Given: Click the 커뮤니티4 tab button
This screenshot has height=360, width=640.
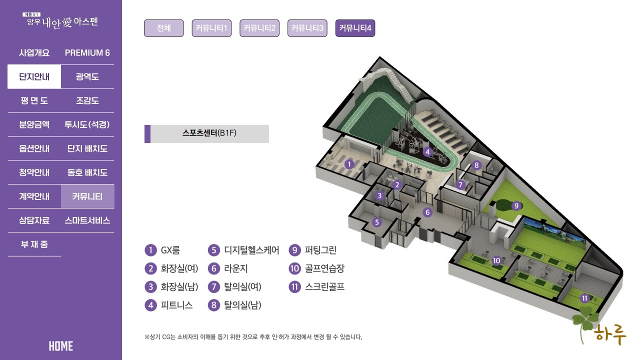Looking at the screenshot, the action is point(355,28).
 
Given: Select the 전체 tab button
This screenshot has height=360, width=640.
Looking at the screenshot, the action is point(163,28).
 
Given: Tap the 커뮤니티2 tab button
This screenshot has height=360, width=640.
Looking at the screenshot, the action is point(259,28).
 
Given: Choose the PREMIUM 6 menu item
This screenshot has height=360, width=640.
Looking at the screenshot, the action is point(87,52).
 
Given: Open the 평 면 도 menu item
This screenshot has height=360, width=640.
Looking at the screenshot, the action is point(34,100).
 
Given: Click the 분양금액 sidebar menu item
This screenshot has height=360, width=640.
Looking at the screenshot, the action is point(34,124).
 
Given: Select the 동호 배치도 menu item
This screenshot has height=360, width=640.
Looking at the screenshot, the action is point(87,172).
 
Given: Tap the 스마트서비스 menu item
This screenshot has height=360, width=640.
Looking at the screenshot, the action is point(87,220).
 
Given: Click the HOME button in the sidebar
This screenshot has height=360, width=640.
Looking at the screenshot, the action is point(61,346).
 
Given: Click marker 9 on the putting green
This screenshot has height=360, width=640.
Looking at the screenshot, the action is point(516,205).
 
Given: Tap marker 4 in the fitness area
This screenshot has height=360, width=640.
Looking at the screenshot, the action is point(427,151).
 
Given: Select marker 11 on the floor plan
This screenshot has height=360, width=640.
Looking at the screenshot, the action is point(584,298).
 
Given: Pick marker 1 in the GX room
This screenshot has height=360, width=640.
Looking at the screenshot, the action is point(349,163).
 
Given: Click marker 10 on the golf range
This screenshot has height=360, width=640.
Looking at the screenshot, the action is point(496,260).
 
